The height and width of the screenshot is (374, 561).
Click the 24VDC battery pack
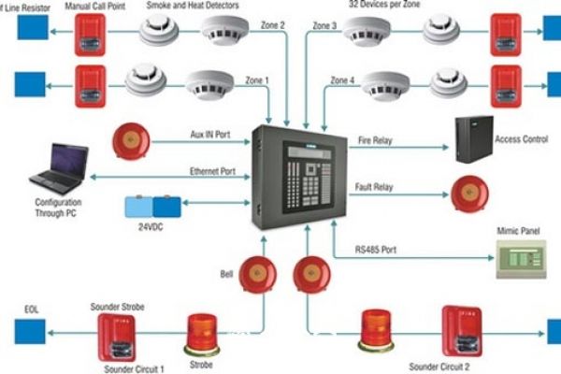pos(154,205)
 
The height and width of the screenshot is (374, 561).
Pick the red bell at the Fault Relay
pos(468,193)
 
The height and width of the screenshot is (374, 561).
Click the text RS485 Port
pos(377,250)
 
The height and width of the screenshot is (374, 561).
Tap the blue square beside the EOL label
pos(25,330)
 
